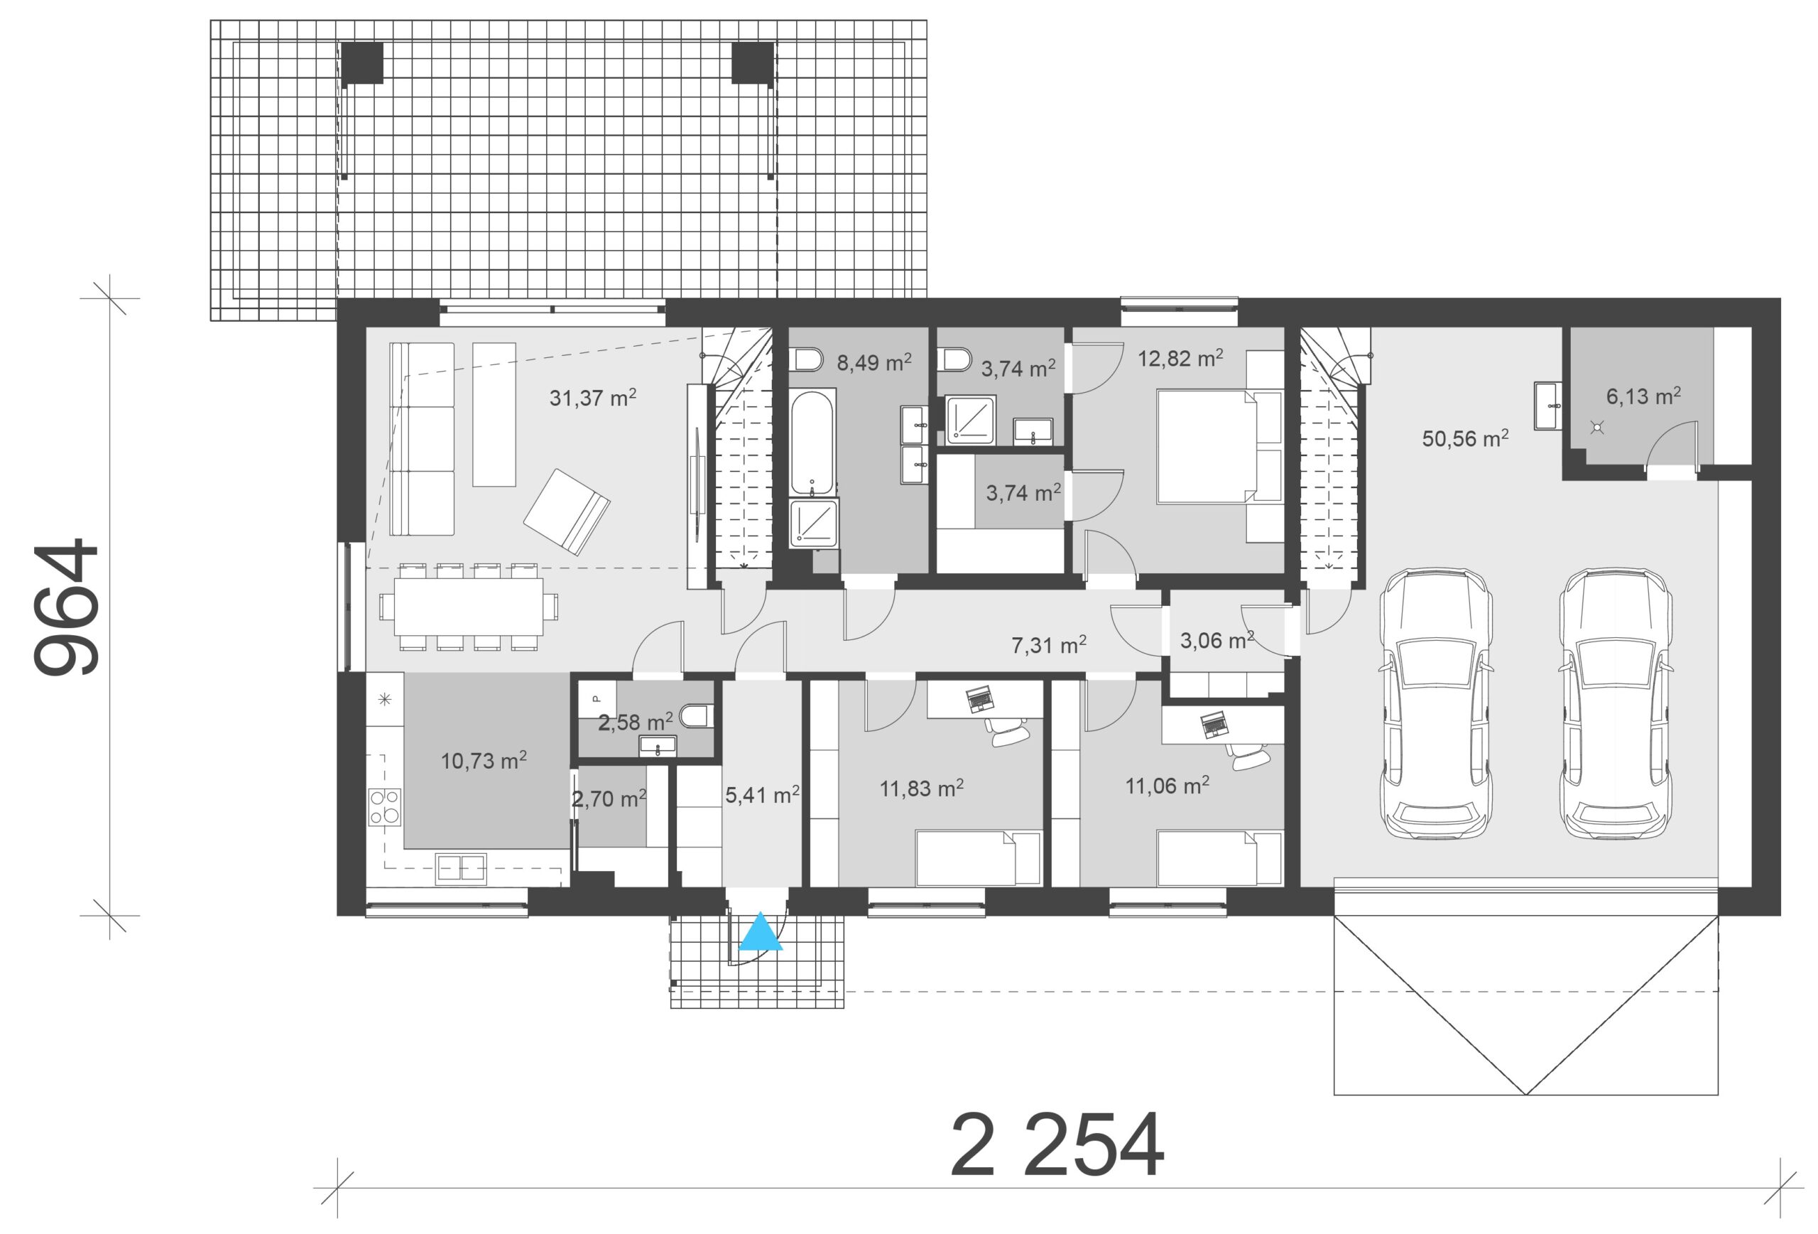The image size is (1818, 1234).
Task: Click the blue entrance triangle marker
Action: tap(761, 932)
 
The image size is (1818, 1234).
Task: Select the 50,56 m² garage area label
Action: tap(1465, 438)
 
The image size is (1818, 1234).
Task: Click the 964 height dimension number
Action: tap(67, 607)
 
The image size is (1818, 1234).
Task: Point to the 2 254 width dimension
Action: tap(1057, 1144)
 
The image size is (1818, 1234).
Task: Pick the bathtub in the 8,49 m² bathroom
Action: tap(812, 443)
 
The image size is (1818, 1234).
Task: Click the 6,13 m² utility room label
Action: tap(1643, 395)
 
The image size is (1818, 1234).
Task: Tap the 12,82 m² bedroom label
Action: tap(1180, 357)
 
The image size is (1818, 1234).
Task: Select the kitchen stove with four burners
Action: tap(385, 807)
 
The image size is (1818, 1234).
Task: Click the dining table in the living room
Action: tap(469, 607)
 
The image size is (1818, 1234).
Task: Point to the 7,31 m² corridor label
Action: tap(1048, 644)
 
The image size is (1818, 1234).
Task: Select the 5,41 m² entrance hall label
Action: tap(762, 794)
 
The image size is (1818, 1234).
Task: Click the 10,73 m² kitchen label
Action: tap(484, 760)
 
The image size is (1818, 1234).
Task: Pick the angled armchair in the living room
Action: tap(567, 512)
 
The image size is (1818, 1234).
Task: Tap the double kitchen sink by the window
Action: tap(461, 869)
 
